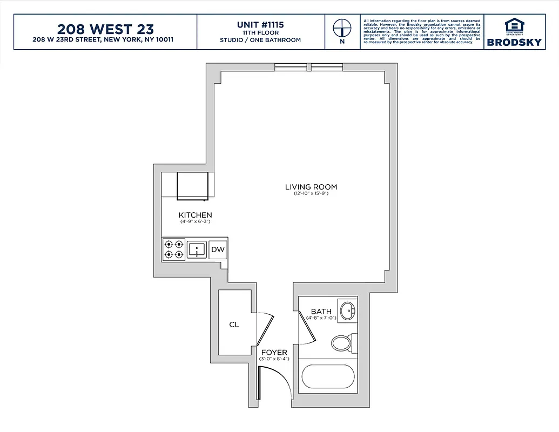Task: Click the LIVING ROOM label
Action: point(311,187)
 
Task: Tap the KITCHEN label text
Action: point(195,215)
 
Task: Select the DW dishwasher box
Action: point(218,249)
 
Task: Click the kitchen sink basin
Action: point(197,249)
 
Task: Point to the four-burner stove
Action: point(173,249)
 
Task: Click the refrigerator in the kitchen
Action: point(193,185)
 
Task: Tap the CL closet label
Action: point(234,325)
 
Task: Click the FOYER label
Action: point(274,353)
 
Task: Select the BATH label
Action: point(321,312)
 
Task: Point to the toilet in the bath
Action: point(341,342)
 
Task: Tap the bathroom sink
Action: point(347,310)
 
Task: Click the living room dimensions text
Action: point(311,193)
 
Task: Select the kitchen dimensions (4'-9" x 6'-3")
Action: point(195,221)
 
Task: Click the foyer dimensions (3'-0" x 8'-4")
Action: point(274,359)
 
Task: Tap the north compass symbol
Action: point(341,28)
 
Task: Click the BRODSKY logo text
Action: point(514,42)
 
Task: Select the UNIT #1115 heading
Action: point(260,25)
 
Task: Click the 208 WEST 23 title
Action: point(105,29)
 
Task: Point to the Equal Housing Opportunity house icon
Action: point(514,25)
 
